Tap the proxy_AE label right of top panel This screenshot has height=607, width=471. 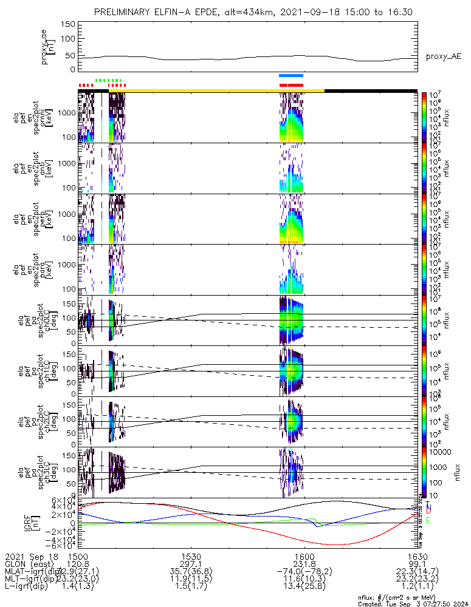coord(443,57)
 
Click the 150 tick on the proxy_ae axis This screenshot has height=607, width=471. coord(67,24)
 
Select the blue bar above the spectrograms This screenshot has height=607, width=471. coord(291,75)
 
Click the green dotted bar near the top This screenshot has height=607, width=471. coord(109,80)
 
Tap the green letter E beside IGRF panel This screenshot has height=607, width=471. coord(428,520)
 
